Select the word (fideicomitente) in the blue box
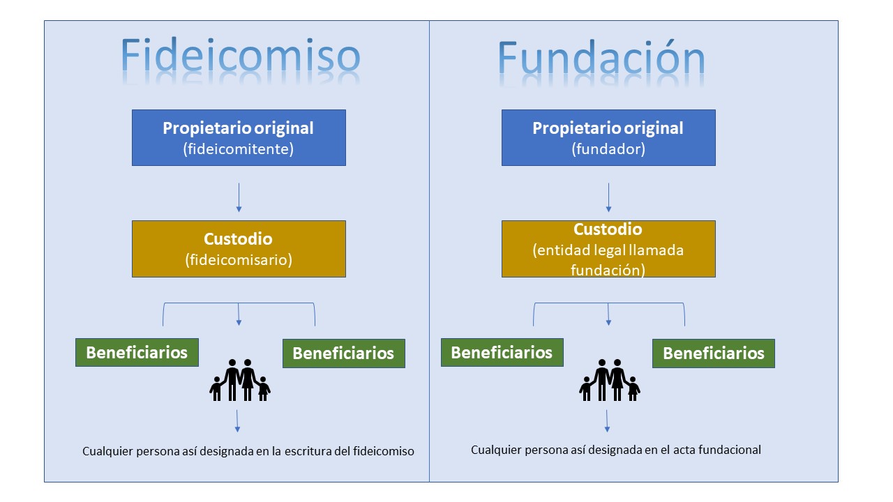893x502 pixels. pyautogui.click(x=239, y=149)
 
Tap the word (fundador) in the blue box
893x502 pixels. pyautogui.click(x=608, y=149)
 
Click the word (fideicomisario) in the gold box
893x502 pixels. pyautogui.click(x=239, y=260)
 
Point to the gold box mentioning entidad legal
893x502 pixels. pyautogui.click(x=608, y=249)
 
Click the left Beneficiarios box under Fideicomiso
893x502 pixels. pyautogui.click(x=137, y=352)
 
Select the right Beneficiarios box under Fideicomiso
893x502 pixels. pyautogui.click(x=344, y=353)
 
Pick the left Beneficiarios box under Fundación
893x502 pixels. pyautogui.click(x=502, y=352)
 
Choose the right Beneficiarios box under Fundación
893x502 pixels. pyautogui.click(x=714, y=353)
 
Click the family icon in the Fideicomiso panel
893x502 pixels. pyautogui.click(x=240, y=380)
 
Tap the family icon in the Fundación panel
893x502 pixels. pyautogui.click(x=610, y=380)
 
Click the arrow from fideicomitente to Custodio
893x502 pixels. pyautogui.click(x=239, y=197)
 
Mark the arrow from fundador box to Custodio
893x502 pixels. pyautogui.click(x=608, y=197)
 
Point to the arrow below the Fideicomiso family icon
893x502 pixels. pyautogui.click(x=237, y=421)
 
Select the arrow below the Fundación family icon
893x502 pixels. pyautogui.click(x=607, y=421)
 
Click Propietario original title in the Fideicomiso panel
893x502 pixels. pyautogui.click(x=238, y=128)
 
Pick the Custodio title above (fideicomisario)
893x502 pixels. pyautogui.click(x=238, y=239)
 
